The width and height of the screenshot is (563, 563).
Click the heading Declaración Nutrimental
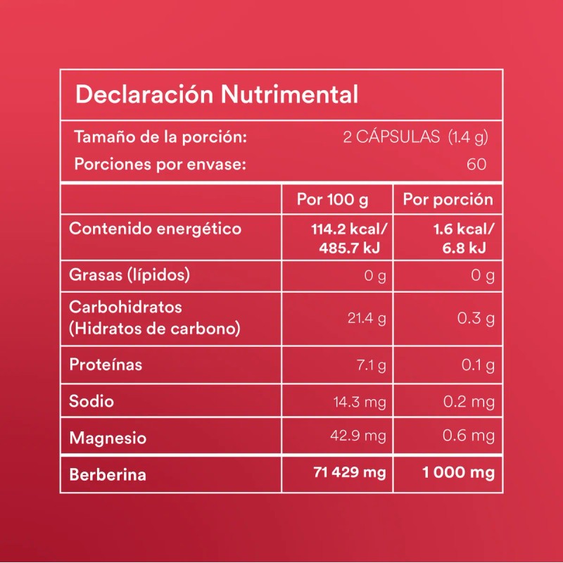click(x=217, y=94)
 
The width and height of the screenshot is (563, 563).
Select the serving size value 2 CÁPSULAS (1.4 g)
click(x=415, y=137)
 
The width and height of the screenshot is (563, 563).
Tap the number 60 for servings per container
click(x=476, y=165)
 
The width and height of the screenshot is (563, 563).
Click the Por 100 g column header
click(x=332, y=200)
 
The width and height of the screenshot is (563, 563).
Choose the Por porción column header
click(x=448, y=200)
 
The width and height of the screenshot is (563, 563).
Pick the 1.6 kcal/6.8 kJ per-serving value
click(x=462, y=239)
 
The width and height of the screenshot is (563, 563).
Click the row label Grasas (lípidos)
click(x=129, y=274)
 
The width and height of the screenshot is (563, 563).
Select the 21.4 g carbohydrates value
click(x=367, y=319)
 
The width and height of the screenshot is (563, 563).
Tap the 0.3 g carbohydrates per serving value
click(x=476, y=319)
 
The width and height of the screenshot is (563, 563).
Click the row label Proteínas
click(x=106, y=365)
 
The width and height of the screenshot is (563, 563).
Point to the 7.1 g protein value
click(x=371, y=365)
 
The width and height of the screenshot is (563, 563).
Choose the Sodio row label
click(x=91, y=401)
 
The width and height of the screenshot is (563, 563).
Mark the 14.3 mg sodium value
click(x=360, y=402)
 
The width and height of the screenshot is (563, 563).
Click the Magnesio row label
click(x=108, y=438)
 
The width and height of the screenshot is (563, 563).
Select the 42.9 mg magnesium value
click(x=358, y=436)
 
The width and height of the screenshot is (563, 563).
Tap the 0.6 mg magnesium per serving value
click(x=469, y=436)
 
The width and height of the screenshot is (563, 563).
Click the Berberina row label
click(x=108, y=474)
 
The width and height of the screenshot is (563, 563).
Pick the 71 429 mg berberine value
click(x=349, y=473)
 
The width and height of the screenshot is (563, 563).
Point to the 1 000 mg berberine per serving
click(x=457, y=473)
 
